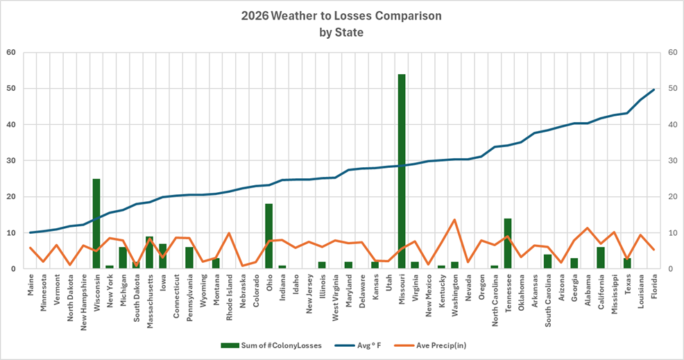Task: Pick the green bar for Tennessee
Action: click(x=507, y=243)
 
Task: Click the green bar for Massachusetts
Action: click(x=149, y=252)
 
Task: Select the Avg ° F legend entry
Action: click(x=364, y=345)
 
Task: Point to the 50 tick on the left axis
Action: click(x=11, y=89)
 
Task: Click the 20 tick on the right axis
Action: click(x=672, y=197)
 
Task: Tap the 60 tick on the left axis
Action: click(x=11, y=53)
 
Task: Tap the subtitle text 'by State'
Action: click(x=341, y=32)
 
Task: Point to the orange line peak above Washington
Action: click(x=454, y=220)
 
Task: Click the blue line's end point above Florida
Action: click(x=653, y=89)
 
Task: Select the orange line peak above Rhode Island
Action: click(x=229, y=233)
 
